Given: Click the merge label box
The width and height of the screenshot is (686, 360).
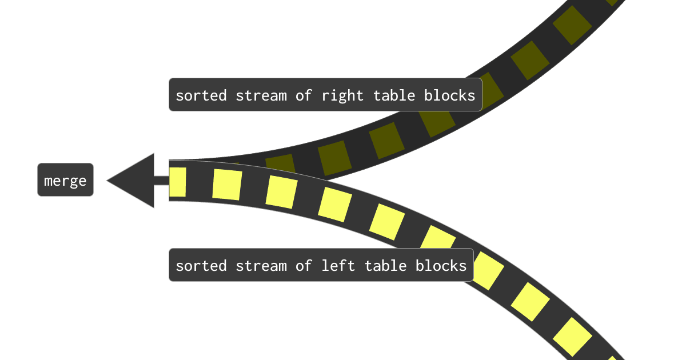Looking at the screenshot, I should click(x=65, y=180).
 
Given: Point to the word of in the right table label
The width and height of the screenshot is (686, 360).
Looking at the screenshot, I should click(x=303, y=95).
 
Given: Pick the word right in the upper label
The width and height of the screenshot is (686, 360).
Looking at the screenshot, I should click(x=342, y=95).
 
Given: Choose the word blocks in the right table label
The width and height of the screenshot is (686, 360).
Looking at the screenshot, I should click(x=449, y=95).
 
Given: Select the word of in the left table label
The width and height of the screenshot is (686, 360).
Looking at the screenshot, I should click(x=303, y=265).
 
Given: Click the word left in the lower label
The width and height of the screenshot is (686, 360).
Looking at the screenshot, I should click(x=338, y=265).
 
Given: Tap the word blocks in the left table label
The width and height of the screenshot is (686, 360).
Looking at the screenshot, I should click(x=441, y=265).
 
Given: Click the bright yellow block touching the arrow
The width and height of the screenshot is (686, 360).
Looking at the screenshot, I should click(x=178, y=182).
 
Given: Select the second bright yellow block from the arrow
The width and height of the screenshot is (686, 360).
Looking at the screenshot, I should click(x=227, y=185).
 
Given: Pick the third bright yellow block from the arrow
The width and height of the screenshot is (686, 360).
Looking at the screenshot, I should click(x=281, y=192).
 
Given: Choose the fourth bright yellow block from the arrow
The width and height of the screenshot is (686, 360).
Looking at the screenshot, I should click(x=335, y=204).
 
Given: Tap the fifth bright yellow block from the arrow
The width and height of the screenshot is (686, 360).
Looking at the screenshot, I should click(x=387, y=221).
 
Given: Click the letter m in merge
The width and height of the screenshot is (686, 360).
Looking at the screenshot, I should click(x=49, y=181).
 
